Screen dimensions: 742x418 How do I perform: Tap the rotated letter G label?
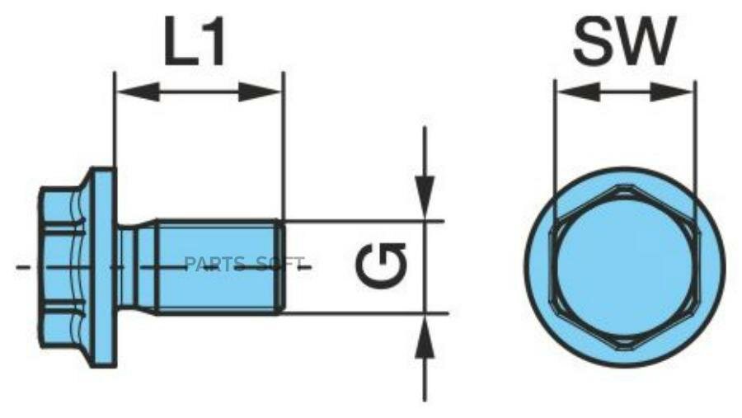381,266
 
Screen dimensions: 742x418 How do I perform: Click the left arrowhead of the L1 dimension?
137,92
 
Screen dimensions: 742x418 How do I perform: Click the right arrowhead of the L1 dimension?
260,92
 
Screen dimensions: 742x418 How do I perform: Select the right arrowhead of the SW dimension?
672,92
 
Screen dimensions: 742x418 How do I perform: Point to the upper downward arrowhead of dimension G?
425,196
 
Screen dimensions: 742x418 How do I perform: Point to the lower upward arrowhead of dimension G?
425,337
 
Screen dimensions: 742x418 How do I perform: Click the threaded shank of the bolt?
217,267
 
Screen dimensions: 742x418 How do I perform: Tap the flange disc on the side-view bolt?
104,267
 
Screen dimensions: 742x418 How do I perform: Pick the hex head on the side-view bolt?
63,267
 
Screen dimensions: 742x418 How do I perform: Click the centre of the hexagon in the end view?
624,267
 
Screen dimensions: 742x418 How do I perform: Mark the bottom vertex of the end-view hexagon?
624,350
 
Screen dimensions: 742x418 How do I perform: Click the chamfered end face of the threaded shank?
281,267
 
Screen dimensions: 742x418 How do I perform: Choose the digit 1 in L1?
214,42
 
